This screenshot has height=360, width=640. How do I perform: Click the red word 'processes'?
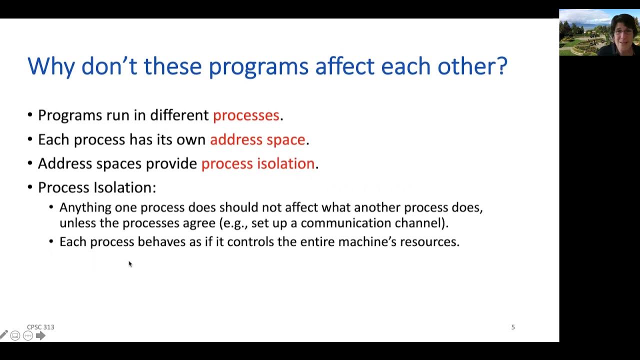point(246,115)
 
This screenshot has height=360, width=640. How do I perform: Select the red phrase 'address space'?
point(257,139)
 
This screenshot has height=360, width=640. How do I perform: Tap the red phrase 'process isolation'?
point(258,163)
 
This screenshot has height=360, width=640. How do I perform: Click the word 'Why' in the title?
point(51,67)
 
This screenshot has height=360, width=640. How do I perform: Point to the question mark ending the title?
point(502,65)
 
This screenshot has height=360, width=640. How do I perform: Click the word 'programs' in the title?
point(258,67)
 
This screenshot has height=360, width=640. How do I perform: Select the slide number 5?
point(513,327)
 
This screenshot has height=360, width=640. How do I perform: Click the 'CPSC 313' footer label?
point(40,327)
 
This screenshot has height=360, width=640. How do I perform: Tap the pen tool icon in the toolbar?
point(3,335)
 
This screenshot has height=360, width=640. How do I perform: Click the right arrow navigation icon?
point(40,335)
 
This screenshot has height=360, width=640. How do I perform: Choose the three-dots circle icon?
point(28,335)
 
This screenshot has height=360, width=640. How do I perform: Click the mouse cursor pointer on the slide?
point(130,264)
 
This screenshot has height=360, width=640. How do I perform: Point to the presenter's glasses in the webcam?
point(623,31)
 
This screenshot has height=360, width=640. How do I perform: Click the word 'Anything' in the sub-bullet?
point(85,208)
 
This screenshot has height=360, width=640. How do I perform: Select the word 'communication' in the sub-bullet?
point(345,223)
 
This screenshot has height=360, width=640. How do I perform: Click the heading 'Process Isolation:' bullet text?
point(97,187)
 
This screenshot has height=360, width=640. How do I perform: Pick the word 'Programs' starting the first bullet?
point(70,115)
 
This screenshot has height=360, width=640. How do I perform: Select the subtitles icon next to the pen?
point(15,335)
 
